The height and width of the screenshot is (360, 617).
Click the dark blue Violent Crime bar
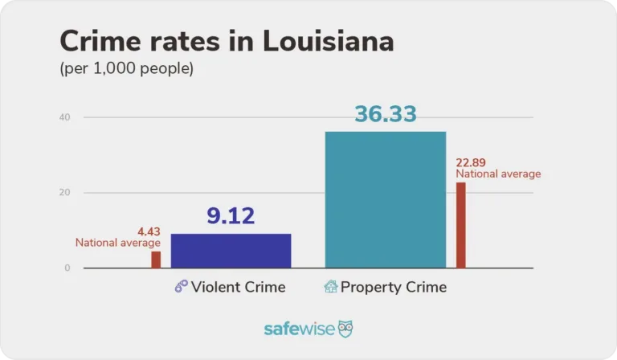point(231,251)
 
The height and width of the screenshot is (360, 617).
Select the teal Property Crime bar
point(385,199)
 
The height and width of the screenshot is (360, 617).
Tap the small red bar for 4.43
point(156,260)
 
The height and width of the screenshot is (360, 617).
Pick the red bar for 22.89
point(461,225)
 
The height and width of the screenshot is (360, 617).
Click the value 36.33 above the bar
point(386,114)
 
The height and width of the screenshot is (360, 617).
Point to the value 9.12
point(231,216)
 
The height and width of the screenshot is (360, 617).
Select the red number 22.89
point(472,162)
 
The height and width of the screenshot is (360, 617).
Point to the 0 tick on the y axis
point(67,268)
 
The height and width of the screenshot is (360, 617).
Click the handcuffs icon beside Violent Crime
point(181,287)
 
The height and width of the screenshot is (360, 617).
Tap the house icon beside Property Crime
point(330,287)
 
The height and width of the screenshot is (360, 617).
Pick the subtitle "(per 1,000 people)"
point(127,69)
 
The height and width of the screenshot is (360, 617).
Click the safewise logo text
point(299,329)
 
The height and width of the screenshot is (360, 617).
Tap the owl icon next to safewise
point(345,329)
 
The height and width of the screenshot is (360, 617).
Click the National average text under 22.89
point(498,174)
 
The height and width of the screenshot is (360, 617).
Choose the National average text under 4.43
point(118,243)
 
